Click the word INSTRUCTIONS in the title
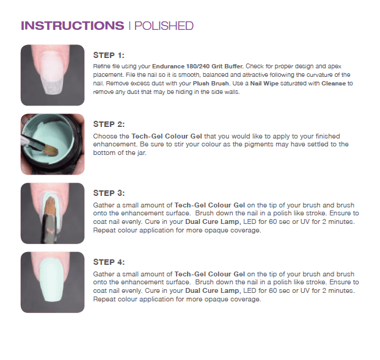(x=73, y=26)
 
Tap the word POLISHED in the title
(x=164, y=26)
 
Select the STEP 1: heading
(x=109, y=55)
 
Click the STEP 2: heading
(x=109, y=124)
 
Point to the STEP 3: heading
(x=109, y=193)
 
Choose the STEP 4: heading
(x=109, y=262)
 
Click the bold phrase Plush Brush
(x=211, y=84)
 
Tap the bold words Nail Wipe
(x=265, y=83)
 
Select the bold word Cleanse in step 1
(x=334, y=83)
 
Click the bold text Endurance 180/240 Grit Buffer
(x=198, y=67)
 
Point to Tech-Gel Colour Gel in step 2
(x=167, y=136)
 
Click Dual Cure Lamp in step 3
(x=213, y=221)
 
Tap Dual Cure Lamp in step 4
(x=213, y=291)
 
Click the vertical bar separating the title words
(x=130, y=26)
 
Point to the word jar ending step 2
(x=142, y=153)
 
